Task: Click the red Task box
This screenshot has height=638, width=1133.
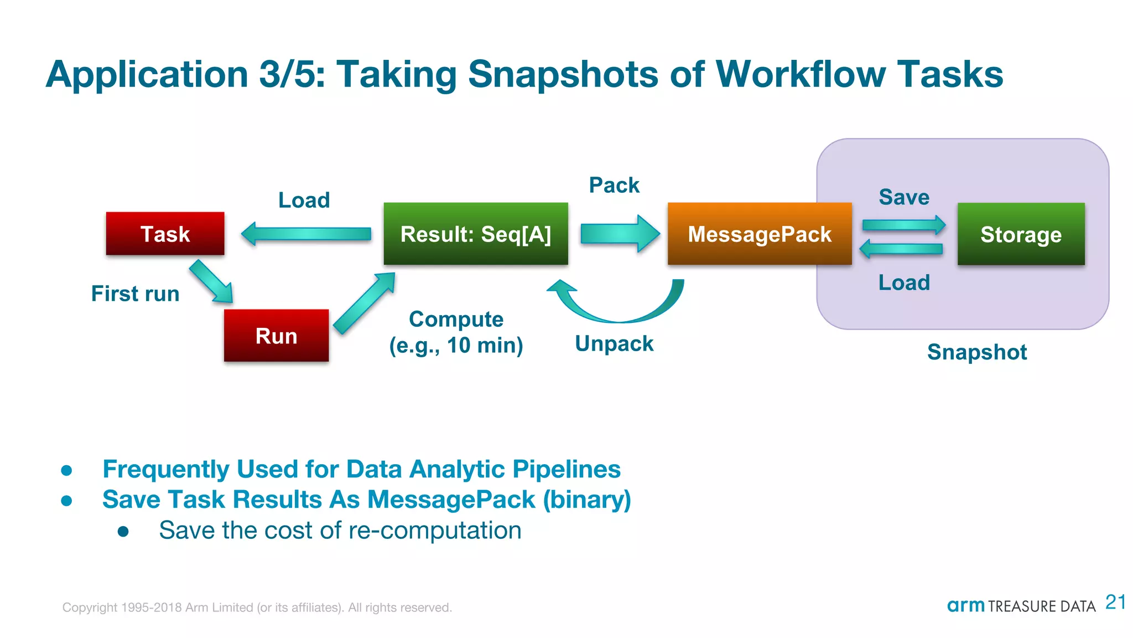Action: click(165, 234)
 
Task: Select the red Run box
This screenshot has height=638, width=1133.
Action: click(276, 336)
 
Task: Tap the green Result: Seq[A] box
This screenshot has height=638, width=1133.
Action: click(476, 234)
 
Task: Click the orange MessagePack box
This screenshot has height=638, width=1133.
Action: click(759, 234)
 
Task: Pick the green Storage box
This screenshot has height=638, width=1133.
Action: click(1021, 234)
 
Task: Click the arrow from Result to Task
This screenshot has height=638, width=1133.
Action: click(306, 234)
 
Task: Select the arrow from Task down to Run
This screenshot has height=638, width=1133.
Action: click(211, 282)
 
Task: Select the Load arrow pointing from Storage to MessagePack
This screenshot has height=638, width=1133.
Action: click(902, 249)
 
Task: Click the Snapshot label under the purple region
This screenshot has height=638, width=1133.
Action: click(977, 352)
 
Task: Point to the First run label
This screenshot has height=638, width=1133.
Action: click(135, 294)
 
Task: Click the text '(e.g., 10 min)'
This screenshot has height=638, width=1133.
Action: click(456, 346)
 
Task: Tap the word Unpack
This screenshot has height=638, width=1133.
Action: click(614, 344)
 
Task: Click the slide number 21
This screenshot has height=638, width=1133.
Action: click(1115, 602)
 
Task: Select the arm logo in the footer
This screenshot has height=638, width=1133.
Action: click(965, 605)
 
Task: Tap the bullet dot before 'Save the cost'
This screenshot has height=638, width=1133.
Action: click(123, 532)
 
